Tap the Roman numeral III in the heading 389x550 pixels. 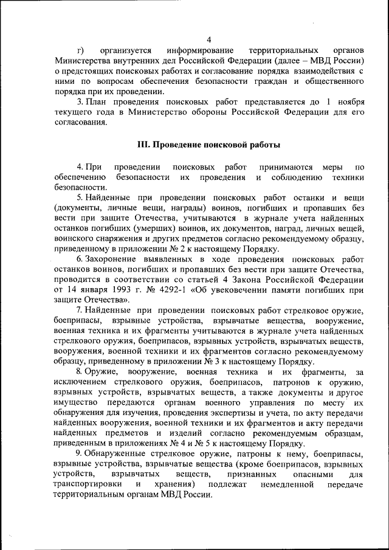[x=143, y=145]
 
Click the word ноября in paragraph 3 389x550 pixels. [x=351, y=101]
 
